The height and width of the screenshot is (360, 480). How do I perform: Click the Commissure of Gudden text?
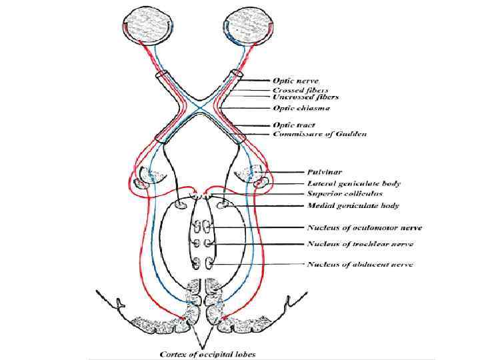319,134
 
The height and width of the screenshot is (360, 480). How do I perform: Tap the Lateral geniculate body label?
353,183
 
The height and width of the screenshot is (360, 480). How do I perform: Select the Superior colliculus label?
345,193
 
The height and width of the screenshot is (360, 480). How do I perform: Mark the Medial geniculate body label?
353,205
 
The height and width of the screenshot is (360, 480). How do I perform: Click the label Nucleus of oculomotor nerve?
364,229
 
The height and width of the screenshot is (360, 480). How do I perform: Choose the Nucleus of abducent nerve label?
359,265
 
